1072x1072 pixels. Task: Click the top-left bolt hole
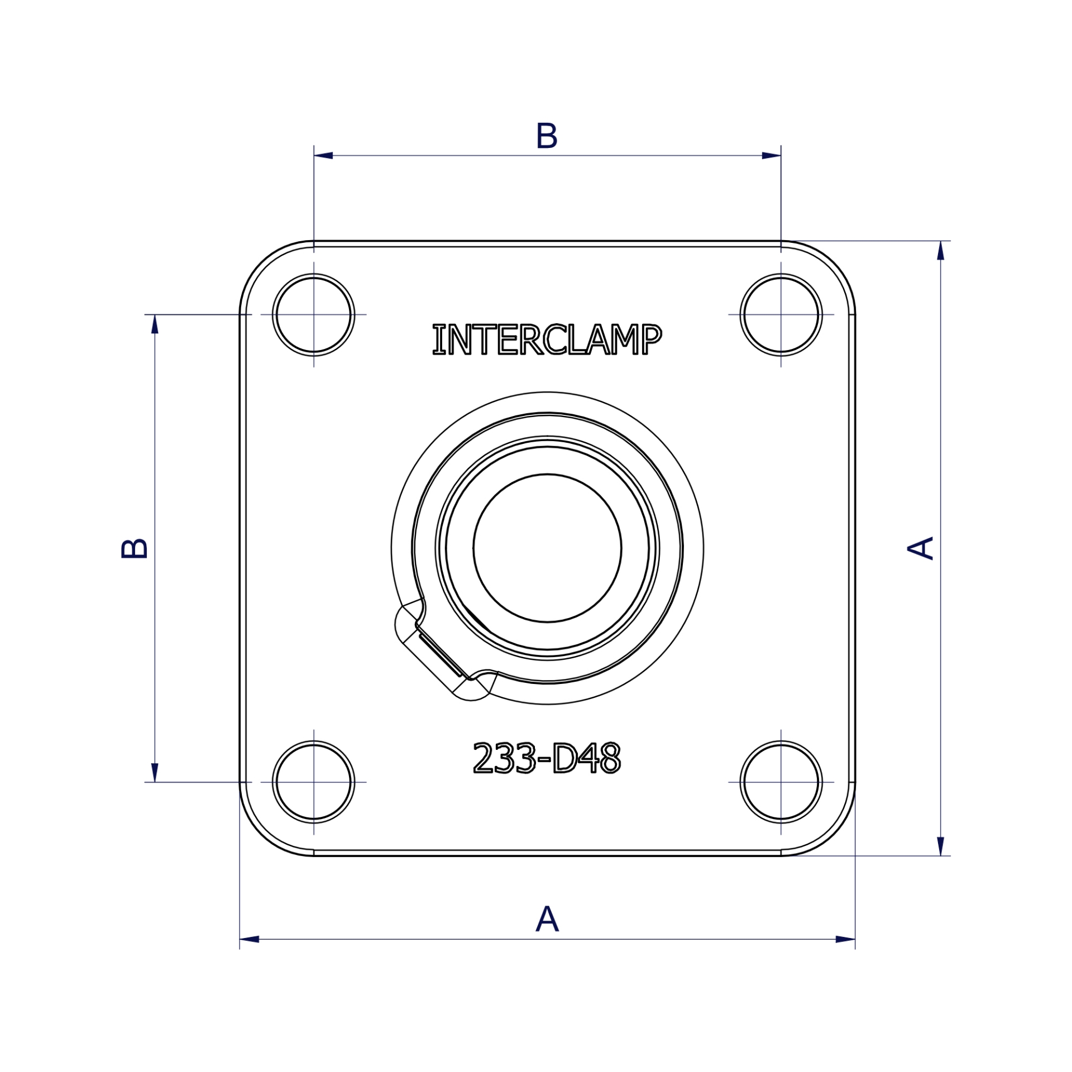click(x=313, y=315)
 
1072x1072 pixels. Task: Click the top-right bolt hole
click(x=781, y=315)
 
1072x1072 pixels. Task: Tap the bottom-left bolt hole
click(x=313, y=782)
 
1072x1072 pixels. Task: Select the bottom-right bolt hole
click(x=781, y=782)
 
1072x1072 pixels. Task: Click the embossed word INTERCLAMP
click(x=547, y=339)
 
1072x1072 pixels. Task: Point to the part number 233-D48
click(x=547, y=758)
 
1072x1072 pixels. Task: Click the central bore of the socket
click(x=547, y=548)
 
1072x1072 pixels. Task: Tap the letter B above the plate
click(x=547, y=136)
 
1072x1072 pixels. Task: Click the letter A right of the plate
click(x=921, y=548)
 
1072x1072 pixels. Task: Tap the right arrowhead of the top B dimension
click(x=771, y=155)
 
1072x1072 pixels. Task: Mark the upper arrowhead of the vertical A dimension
click(x=940, y=251)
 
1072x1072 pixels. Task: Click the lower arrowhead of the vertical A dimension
click(x=940, y=845)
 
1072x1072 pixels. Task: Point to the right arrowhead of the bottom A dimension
click(x=845, y=939)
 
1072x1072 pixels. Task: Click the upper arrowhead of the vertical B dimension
click(x=155, y=324)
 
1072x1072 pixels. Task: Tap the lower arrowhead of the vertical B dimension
click(x=155, y=772)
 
